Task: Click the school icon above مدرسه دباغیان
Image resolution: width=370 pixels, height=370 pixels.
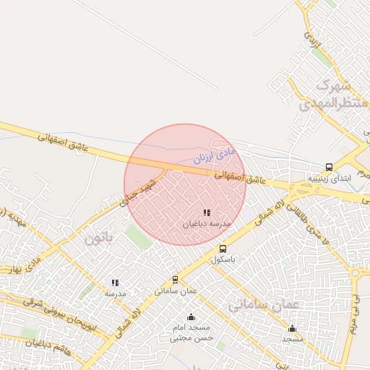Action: click(x=207, y=213)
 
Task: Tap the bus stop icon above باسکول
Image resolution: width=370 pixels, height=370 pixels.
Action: click(x=223, y=249)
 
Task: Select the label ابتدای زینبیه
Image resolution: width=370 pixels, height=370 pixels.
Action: click(x=330, y=177)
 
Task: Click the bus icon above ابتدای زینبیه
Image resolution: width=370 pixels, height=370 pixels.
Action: click(x=330, y=167)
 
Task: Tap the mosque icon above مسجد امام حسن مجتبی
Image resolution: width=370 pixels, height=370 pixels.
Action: click(x=191, y=317)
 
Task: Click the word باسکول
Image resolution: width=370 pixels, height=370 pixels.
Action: click(x=223, y=259)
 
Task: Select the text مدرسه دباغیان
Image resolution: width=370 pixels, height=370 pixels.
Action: click(x=207, y=224)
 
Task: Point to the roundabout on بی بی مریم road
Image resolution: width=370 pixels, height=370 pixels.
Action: click(x=356, y=272)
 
